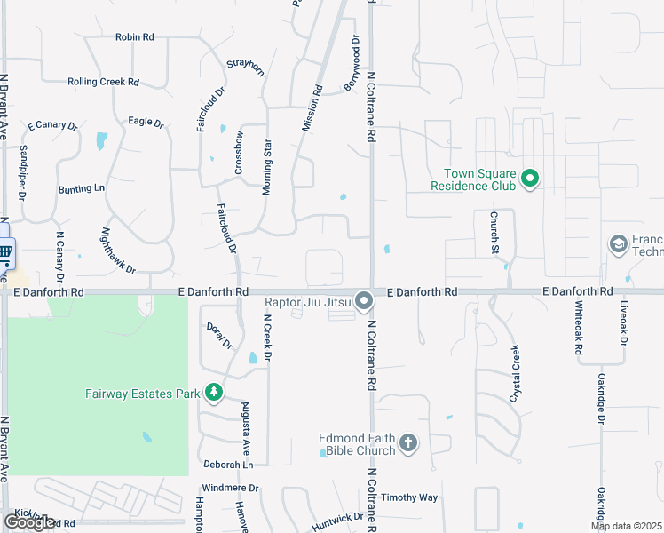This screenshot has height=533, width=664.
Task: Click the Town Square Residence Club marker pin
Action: [x=530, y=179]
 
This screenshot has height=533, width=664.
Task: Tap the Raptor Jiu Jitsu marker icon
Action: [x=364, y=303]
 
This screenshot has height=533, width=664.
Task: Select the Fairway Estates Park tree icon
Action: [x=213, y=392]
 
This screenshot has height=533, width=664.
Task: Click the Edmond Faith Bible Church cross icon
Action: [x=407, y=443]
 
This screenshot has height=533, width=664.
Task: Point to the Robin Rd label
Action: [x=135, y=37]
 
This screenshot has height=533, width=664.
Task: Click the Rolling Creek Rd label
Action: [x=104, y=82]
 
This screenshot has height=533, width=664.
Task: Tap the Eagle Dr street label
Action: [x=146, y=122]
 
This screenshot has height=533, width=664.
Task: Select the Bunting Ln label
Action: [x=82, y=188]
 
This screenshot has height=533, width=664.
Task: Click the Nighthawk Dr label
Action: [x=119, y=251]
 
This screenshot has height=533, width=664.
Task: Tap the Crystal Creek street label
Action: [x=514, y=374]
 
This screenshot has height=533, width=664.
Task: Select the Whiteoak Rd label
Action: [x=579, y=328]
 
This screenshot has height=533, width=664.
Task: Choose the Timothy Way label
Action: [x=409, y=498]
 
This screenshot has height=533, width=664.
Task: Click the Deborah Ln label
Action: [x=228, y=465]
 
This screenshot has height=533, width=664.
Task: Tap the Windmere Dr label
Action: [x=230, y=489]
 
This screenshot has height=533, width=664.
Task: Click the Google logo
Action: [x=29, y=521]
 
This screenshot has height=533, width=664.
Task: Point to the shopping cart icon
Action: [x=4, y=251]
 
